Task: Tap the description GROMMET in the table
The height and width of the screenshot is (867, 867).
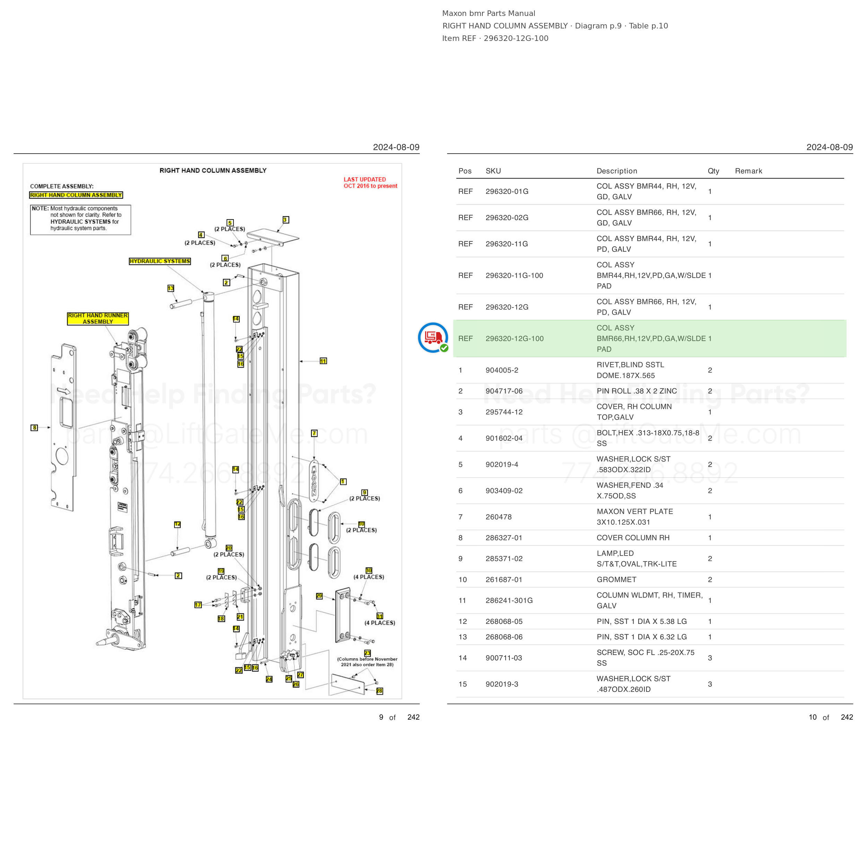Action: coord(616,580)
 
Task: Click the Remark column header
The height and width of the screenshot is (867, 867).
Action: coord(748,171)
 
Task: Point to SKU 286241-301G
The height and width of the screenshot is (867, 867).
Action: coord(509,600)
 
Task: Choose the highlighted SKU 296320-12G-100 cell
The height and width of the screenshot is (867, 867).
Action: coord(514,338)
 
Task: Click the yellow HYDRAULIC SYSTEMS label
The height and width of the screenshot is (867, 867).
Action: coord(160,261)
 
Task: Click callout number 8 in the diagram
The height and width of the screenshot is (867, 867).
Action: coord(34,428)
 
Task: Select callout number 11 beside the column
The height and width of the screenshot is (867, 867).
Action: coord(323,361)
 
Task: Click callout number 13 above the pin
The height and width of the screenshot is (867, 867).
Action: coord(171,288)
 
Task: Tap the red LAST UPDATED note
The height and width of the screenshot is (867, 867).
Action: coord(370,183)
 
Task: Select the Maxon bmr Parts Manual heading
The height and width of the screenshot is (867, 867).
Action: coord(488,14)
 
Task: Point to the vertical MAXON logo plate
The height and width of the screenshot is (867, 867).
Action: coord(314,481)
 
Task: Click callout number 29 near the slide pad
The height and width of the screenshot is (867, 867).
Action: coord(319,596)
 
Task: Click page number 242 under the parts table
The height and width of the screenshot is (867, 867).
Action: coord(847,717)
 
